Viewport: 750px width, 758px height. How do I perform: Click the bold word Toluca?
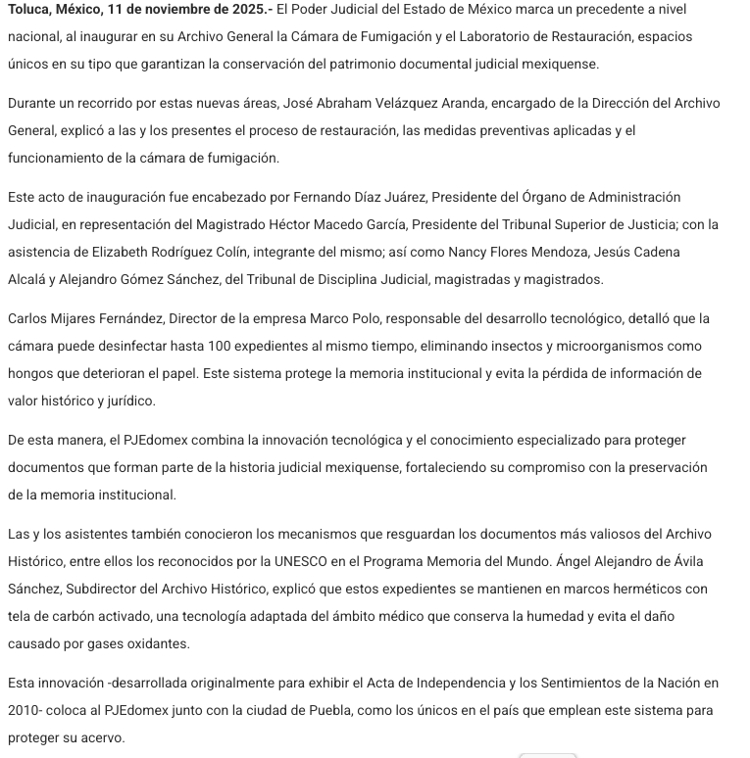coord(30,9)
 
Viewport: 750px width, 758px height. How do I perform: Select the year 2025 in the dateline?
coord(229,9)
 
